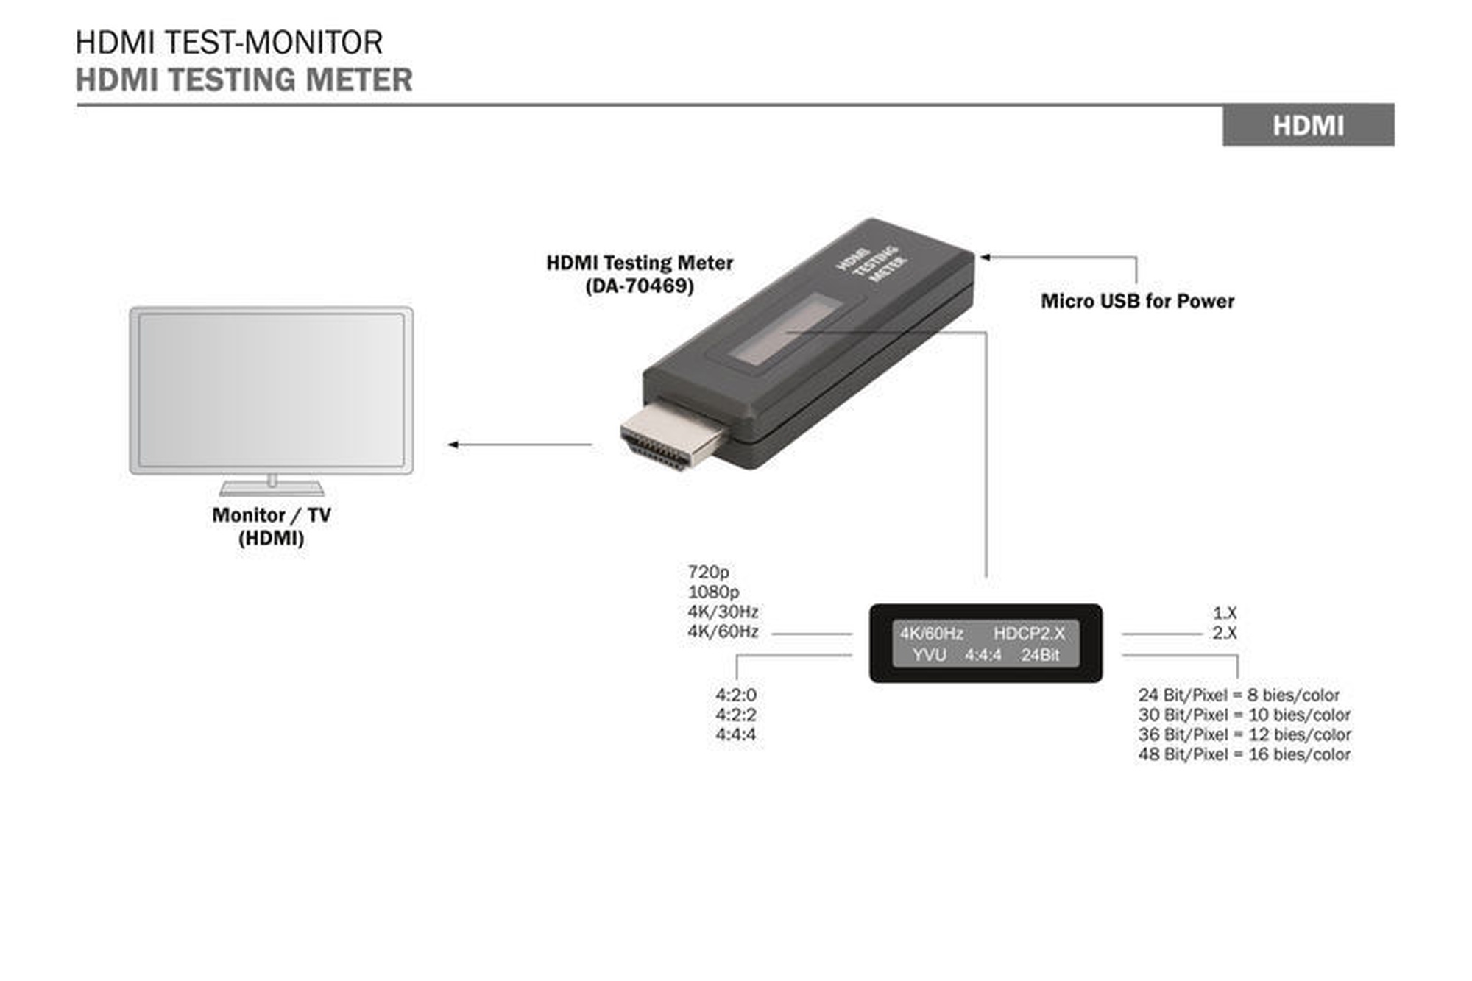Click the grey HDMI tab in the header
(1308, 125)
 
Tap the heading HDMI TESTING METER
(244, 79)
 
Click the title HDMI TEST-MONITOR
(229, 42)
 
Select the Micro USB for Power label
(1137, 301)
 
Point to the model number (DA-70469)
(640, 286)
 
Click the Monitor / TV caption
(271, 515)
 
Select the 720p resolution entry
(708, 572)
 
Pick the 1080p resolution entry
(713, 592)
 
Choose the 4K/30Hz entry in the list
(723, 612)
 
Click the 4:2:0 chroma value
(735, 695)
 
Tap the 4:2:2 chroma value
(735, 715)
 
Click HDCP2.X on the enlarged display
(1029, 634)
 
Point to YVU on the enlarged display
(929, 655)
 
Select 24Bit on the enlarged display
(1040, 655)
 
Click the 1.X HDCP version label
(1225, 613)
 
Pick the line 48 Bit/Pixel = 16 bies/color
(1244, 754)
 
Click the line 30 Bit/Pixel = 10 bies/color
(1244, 715)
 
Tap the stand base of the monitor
(272, 489)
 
